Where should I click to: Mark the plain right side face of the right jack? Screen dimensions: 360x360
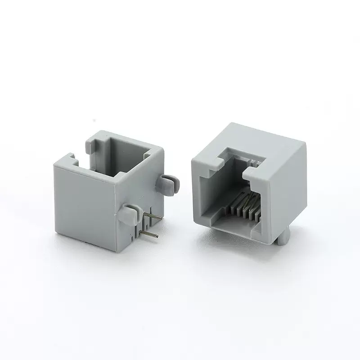pos(288,189)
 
